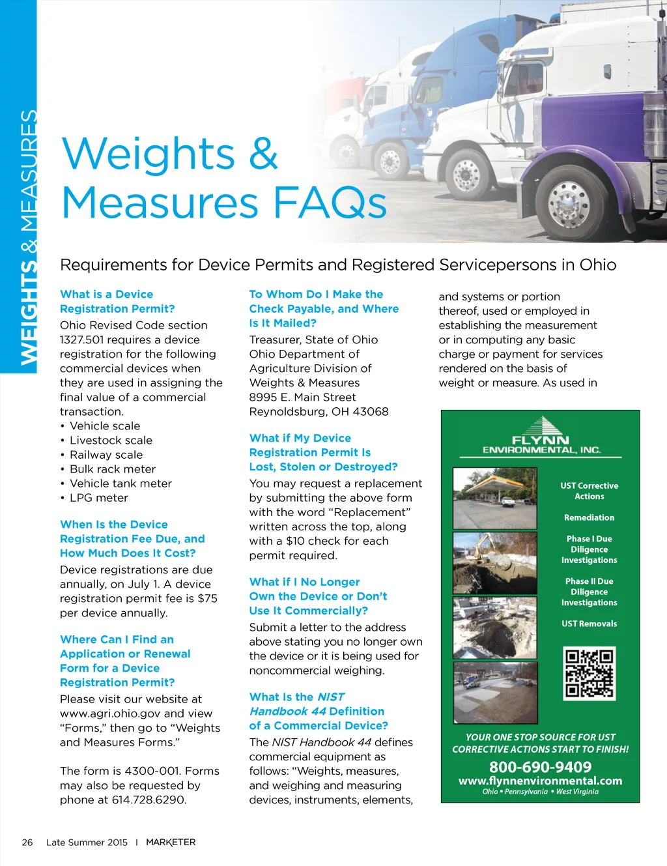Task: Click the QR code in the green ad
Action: pyautogui.click(x=589, y=673)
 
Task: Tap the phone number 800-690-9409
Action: pyautogui.click(x=540, y=767)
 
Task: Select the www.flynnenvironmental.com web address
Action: pyautogui.click(x=540, y=781)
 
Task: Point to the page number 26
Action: pyautogui.click(x=27, y=842)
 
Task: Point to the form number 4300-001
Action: pyautogui.click(x=148, y=771)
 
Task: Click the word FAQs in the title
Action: pyautogui.click(x=330, y=203)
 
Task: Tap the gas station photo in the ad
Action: pyautogui.click(x=495, y=498)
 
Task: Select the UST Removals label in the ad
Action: pyautogui.click(x=589, y=624)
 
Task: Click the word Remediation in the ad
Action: pyautogui.click(x=589, y=517)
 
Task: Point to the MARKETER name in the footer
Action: pyautogui.click(x=171, y=842)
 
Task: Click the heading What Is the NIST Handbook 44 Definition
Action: pyautogui.click(x=319, y=711)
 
